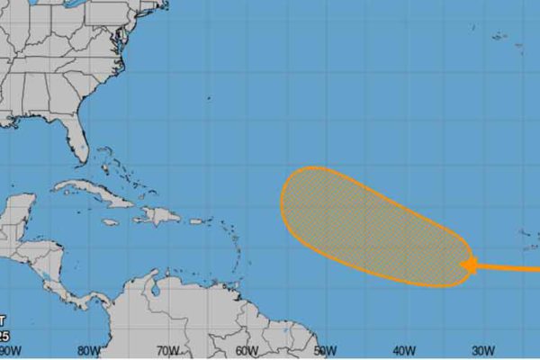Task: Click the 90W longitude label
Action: [x=12, y=351]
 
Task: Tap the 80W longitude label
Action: [x=88, y=351]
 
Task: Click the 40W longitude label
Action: [x=402, y=351]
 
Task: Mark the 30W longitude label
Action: [x=481, y=351]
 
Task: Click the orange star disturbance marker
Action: [x=470, y=265]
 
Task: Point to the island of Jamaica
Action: [x=110, y=221]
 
